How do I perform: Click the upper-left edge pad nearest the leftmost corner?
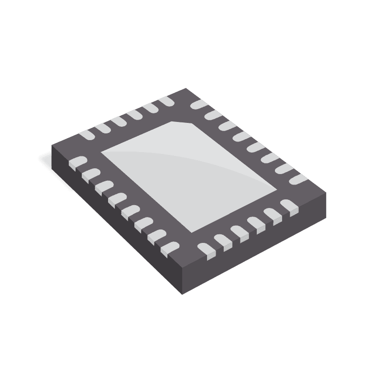pos(87,135)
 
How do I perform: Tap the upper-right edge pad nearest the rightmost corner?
pos(297,179)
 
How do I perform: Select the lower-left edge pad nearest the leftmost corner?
pos(76,162)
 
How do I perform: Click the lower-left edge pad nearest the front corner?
pos(168,247)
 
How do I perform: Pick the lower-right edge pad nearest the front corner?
pos(207,249)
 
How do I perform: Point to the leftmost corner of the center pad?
pos(101,153)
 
